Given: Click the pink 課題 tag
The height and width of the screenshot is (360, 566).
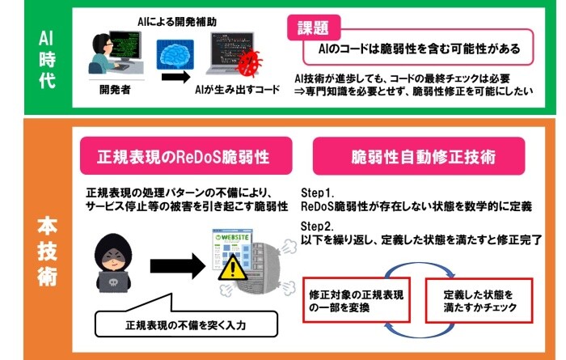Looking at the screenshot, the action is click(314, 28).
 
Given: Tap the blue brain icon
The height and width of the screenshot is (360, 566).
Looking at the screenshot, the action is click(175, 54).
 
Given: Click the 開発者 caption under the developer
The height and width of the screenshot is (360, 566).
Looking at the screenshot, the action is click(115, 90).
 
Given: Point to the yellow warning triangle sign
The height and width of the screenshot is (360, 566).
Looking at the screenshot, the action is click(233, 268).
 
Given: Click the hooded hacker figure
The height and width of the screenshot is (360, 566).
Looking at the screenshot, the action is click(113, 262).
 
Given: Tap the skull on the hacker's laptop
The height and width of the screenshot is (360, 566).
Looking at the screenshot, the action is click(112, 282).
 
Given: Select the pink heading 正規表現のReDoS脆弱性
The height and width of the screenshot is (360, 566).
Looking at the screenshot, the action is click(186, 156).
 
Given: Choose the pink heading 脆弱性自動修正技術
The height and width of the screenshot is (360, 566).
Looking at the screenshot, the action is click(419, 156).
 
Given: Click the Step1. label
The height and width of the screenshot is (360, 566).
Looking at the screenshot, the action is click(317, 193).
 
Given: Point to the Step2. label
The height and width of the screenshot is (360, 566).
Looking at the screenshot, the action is click(317, 226).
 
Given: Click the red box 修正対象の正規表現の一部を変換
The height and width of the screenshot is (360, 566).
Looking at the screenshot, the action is click(357, 300).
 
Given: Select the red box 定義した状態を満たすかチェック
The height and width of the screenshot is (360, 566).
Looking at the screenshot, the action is click(479, 300).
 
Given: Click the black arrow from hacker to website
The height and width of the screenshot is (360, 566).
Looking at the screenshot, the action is click(178, 266).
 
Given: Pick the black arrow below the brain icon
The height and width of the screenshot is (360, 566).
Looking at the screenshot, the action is click(175, 77).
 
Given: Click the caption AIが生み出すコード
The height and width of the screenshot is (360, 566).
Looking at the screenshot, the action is click(237, 90).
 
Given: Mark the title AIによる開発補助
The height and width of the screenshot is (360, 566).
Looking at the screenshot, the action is click(177, 22).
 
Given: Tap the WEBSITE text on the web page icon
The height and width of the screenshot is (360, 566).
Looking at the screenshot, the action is click(235, 237).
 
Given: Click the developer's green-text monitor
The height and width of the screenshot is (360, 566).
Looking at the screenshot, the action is click(125, 46).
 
